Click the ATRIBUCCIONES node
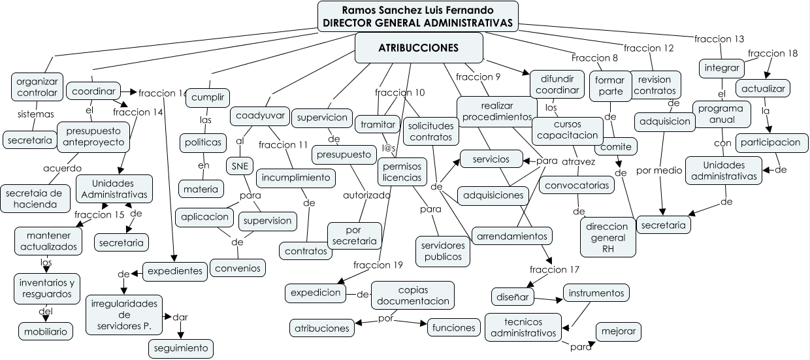[x=418, y=48]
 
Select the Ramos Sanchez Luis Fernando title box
[x=417, y=16]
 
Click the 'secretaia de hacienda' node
[x=37, y=199]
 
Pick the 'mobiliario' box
[x=45, y=331]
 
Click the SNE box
[x=240, y=166]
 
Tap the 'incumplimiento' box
[x=297, y=177]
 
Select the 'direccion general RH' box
[x=608, y=237]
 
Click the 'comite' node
[x=616, y=146]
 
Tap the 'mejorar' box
[x=618, y=331]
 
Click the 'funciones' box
[x=455, y=327]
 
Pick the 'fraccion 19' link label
[x=378, y=265]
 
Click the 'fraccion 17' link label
[x=555, y=269]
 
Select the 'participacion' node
[x=770, y=142]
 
